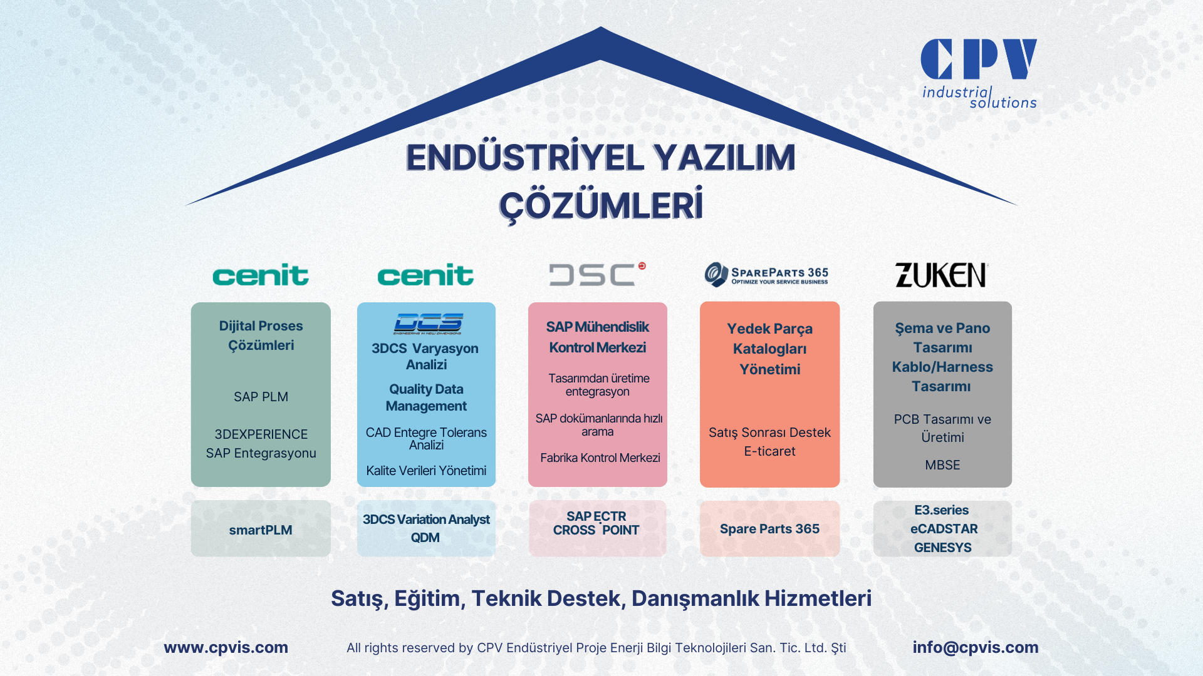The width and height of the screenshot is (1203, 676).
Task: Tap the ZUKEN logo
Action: pos(941,275)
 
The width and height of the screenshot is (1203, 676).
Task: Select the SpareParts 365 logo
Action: pos(766,274)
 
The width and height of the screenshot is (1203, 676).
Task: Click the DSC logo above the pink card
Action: pos(597,274)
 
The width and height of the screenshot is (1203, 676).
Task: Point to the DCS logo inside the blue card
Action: pos(429,323)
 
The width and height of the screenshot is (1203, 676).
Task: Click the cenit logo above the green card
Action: pos(261,275)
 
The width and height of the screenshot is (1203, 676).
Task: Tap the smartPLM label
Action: pos(261,530)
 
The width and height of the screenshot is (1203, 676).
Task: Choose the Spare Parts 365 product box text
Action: pos(769,529)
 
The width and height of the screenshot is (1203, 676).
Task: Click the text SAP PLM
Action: pos(261,397)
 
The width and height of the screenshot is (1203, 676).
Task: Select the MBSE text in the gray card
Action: pos(942,465)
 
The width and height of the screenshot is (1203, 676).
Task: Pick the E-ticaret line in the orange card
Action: pos(769,451)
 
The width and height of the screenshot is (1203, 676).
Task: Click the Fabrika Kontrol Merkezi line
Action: pos(600,458)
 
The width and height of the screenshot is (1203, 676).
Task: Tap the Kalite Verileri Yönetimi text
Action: pos(426,471)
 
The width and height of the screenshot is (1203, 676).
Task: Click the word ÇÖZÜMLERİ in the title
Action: pos(601,206)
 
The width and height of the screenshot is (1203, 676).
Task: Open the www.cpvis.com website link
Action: pos(226,647)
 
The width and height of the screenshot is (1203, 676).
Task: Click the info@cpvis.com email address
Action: pos(976,647)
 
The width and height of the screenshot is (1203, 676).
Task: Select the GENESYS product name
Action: pos(942,548)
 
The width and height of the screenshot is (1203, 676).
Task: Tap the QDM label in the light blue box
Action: pos(425,538)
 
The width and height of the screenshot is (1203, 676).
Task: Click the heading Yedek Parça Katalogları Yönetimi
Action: pos(769,349)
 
